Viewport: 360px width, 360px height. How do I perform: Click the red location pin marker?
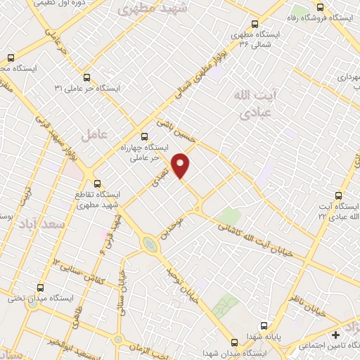tap(182, 165)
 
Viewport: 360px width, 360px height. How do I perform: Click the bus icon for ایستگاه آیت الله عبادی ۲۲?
tap(339, 195)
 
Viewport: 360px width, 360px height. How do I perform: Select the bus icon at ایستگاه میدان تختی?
tap(39, 288)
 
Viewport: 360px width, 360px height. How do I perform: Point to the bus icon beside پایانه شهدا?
tap(264, 326)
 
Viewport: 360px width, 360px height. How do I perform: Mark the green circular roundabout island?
tap(149, 244)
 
